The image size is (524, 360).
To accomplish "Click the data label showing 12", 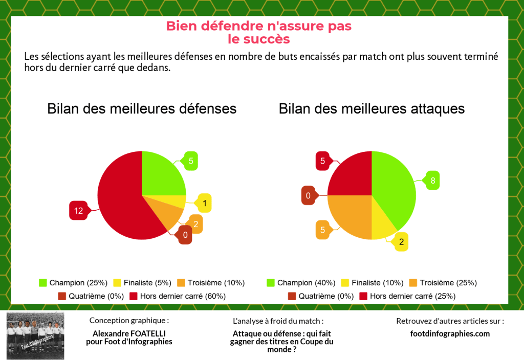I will (78, 211).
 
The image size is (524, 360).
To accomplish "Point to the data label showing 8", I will (432, 180).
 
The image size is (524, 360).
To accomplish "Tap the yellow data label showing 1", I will (205, 204).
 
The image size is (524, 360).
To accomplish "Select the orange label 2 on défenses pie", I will (195, 223).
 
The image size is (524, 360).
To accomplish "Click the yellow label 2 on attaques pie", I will (401, 242).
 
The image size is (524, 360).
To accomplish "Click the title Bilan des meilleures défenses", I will (142, 108).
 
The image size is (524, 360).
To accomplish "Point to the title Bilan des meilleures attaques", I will (372, 108).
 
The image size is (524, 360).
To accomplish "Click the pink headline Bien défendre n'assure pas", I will (259, 26).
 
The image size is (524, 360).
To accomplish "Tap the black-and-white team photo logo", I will (35, 335).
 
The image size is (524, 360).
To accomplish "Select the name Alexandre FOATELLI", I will (129, 333).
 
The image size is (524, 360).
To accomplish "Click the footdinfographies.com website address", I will (450, 333).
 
